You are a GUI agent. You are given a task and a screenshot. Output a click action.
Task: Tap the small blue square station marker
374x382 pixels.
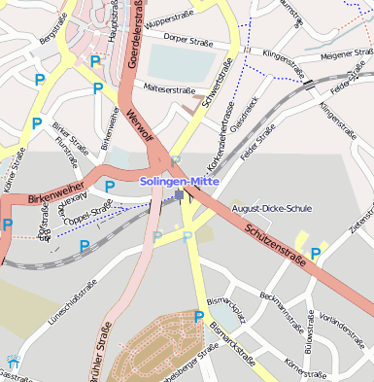pyautogui.click(x=179, y=195)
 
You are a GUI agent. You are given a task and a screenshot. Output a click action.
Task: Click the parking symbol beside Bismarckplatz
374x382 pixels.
pyautogui.click(x=199, y=316)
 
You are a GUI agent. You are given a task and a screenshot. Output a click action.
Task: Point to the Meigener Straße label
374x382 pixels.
pyautogui.click(x=346, y=54)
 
